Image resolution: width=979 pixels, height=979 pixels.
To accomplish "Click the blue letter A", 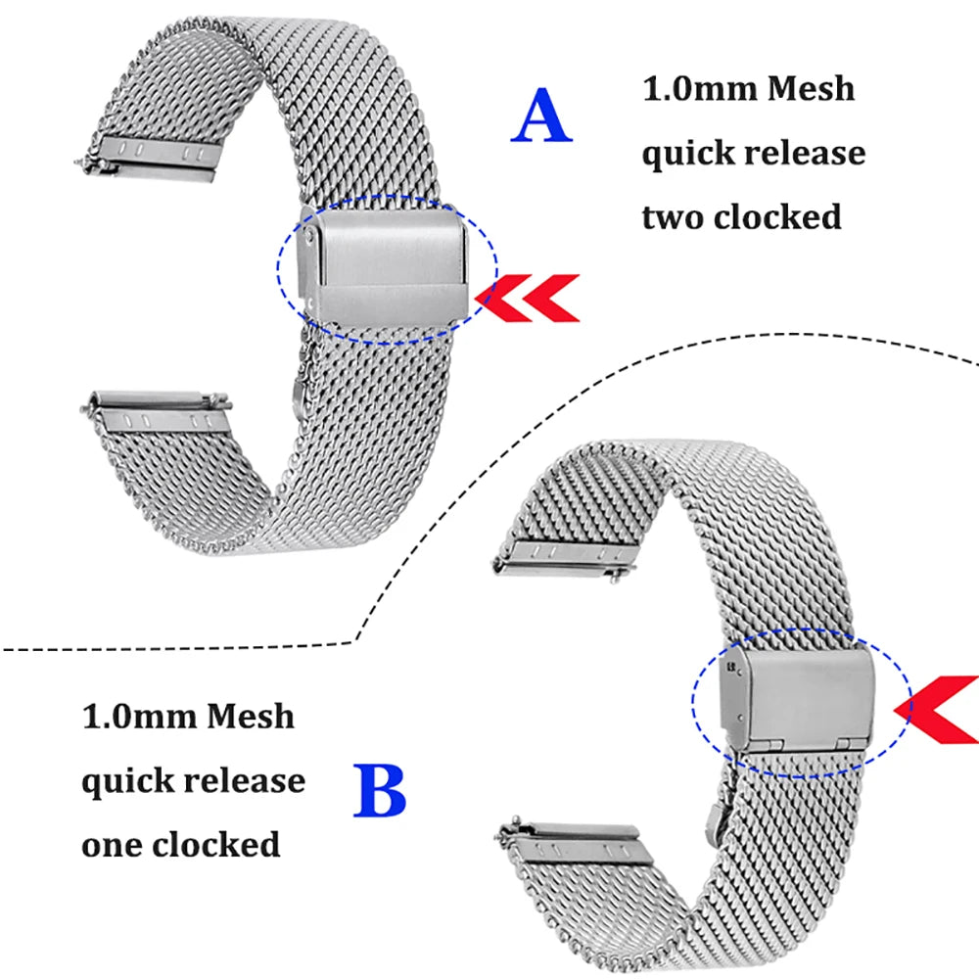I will pos(541,117).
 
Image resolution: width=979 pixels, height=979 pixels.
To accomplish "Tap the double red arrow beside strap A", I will pos(530,298).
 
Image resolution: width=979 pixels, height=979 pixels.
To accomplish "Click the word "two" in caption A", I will pos(673,216).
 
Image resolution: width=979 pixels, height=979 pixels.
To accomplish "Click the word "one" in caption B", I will pos(110,844).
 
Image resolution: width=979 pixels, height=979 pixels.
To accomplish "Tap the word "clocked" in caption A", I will pos(777,216).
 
